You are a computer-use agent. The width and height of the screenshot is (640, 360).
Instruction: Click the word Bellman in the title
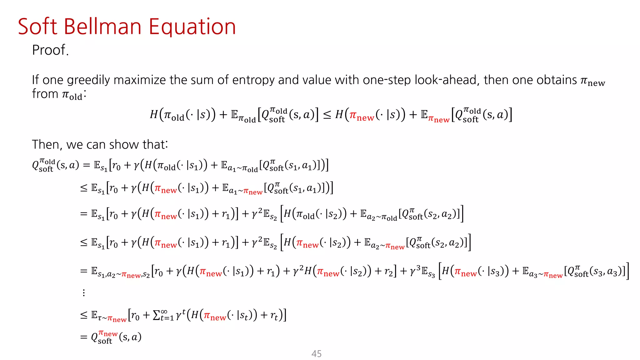click(103, 27)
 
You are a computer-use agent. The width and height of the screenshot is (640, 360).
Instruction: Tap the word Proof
click(50, 50)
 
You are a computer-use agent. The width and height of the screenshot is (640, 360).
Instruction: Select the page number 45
click(316, 354)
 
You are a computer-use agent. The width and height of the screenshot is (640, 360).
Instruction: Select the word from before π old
click(45, 94)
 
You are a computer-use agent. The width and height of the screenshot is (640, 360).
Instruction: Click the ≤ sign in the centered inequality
click(327, 115)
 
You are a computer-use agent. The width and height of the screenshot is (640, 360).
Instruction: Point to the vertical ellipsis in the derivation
click(84, 293)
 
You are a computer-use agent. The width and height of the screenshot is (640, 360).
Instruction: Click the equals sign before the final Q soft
click(83, 337)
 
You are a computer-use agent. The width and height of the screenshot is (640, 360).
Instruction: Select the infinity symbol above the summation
click(164, 311)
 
